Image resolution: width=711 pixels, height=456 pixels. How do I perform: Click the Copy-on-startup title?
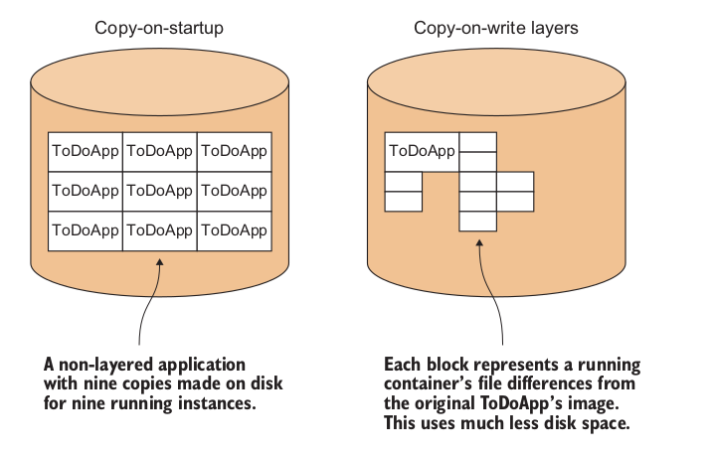click(159, 28)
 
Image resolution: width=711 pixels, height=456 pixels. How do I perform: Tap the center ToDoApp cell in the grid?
click(159, 190)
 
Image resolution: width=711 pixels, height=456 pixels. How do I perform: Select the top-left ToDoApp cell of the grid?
click(86, 151)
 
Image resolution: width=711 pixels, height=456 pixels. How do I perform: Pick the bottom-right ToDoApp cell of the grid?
click(234, 229)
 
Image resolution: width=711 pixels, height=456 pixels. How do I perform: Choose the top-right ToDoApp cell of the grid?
click(234, 151)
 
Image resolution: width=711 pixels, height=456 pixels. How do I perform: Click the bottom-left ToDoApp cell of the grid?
click(86, 229)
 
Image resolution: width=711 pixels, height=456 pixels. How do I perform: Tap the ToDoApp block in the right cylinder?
click(422, 152)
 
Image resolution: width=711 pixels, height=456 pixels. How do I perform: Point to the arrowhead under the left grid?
click(159, 262)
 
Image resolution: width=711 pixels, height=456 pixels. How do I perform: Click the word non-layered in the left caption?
click(102, 364)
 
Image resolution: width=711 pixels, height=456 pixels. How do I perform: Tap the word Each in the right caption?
click(404, 364)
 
